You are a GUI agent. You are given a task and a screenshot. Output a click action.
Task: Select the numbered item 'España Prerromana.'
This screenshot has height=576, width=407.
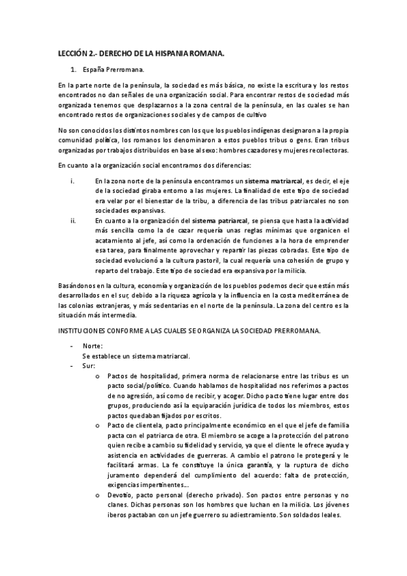[108, 70]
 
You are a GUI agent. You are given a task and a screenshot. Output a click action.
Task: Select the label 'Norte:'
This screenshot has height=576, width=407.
[92, 346]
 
